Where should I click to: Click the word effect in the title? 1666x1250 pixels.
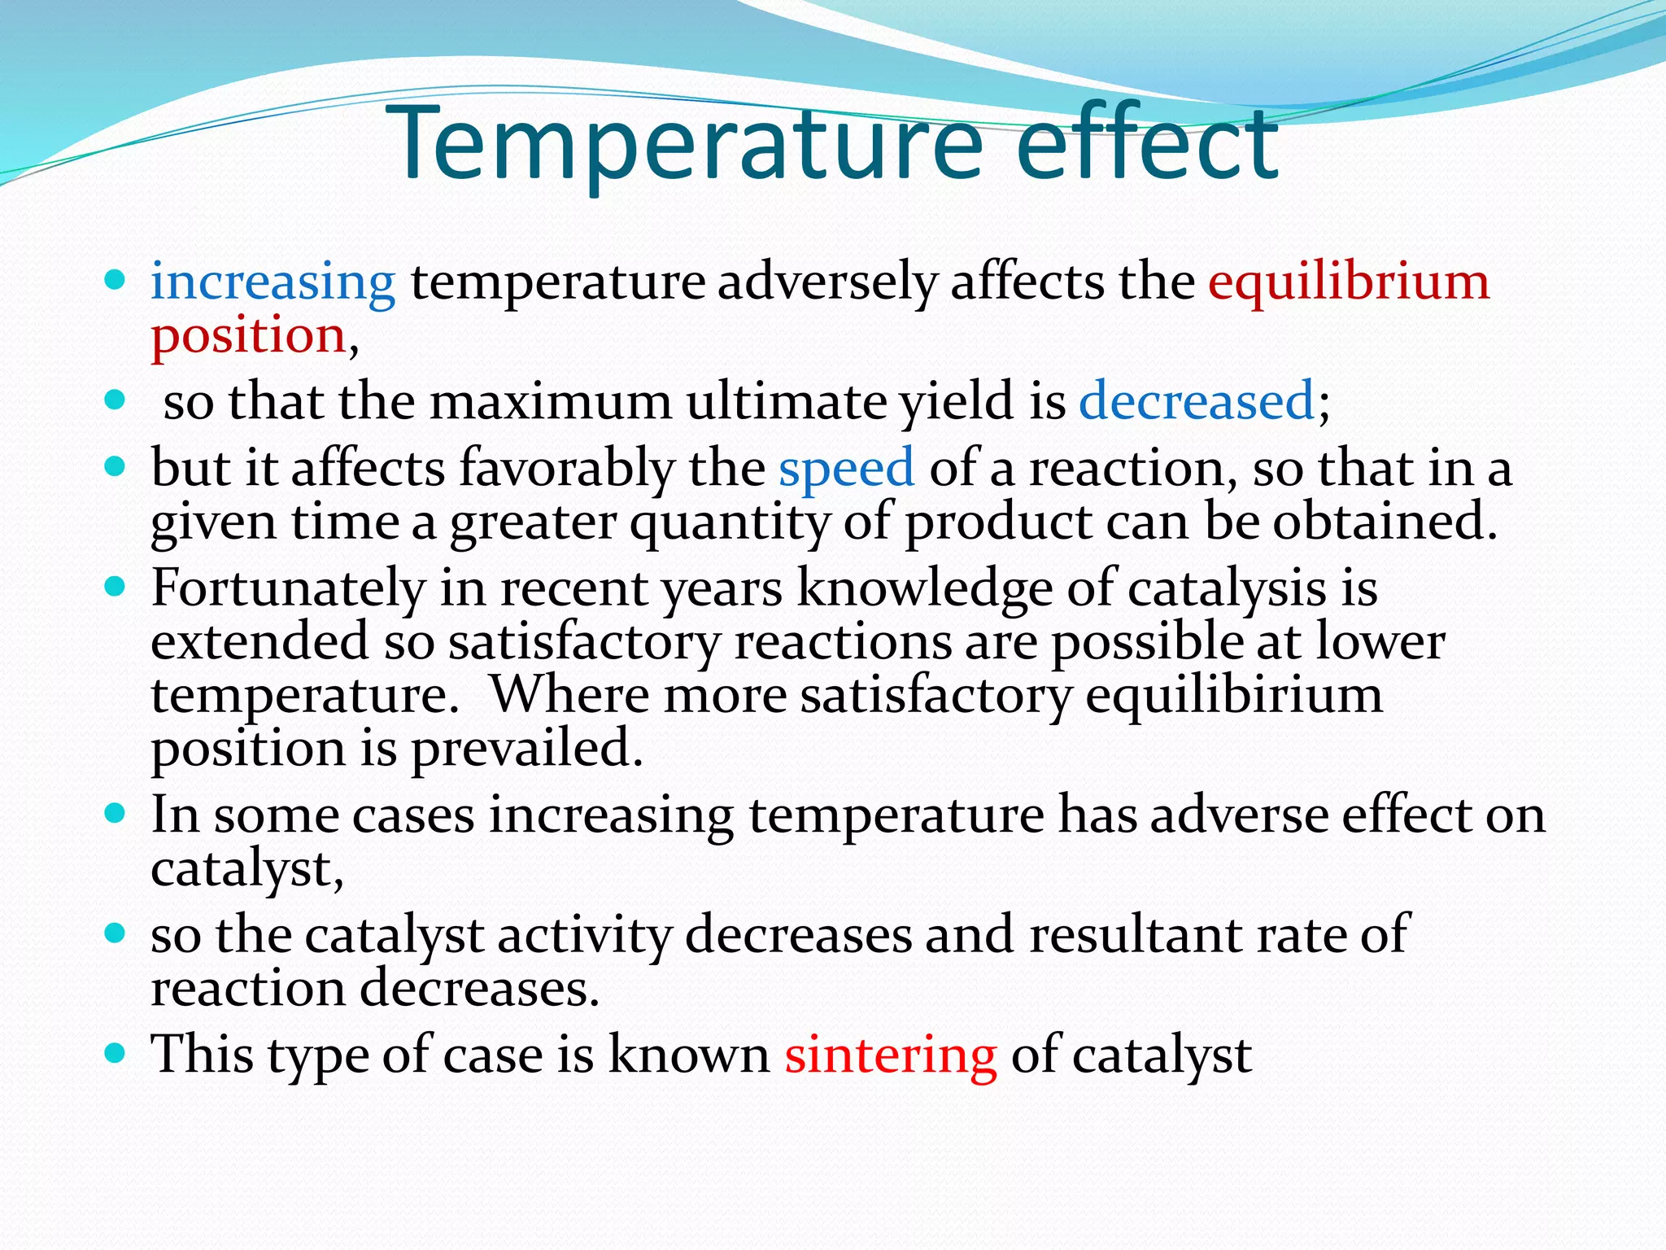pos(1147,145)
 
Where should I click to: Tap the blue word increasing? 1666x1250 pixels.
pos(273,282)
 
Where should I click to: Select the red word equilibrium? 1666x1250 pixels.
pos(1348,282)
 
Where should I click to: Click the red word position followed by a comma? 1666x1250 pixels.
pos(249,336)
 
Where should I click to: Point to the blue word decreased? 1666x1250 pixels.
pos(1197,401)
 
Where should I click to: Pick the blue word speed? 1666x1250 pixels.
pos(846,469)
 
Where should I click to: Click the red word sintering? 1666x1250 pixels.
pos(891,1055)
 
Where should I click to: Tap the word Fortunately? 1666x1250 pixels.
pos(288,588)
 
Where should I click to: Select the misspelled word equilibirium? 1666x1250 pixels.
pos(1234,696)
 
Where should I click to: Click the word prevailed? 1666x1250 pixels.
pos(527,749)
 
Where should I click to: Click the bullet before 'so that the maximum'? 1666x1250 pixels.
pos(116,400)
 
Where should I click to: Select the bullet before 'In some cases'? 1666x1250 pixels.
pos(116,814)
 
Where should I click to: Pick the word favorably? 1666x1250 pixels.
pos(567,469)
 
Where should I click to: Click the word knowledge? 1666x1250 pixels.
pos(924,588)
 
